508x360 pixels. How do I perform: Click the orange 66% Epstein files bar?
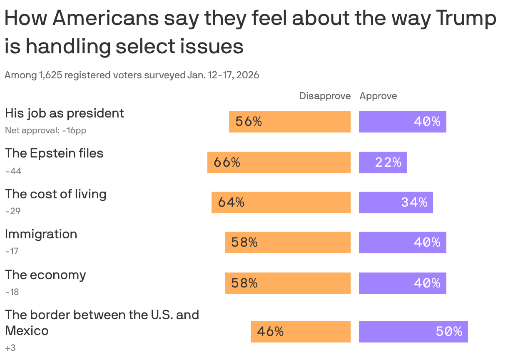pos(279,162)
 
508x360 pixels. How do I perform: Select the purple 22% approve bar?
pos(383,162)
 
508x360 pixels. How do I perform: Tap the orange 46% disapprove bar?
pos(301,332)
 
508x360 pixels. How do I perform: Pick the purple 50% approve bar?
pos(413,332)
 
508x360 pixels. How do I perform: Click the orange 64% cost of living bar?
pos(281,202)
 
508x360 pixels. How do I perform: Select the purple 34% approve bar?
pos(396,202)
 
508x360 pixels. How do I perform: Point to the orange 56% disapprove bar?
pos(290,122)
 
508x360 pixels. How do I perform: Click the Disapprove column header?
pos(325,96)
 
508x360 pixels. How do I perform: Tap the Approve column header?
pos(378,96)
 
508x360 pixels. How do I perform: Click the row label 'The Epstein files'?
pos(54,153)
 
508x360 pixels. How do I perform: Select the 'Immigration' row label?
pos(41,234)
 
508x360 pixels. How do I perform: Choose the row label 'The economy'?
pos(45,275)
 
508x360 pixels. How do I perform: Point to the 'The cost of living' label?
pos(56,194)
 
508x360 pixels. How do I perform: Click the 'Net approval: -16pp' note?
pos(45,130)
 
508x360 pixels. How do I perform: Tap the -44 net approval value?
pos(13,171)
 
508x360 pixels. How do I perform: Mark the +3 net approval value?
pos(10,347)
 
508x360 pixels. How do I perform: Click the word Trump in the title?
pos(466,19)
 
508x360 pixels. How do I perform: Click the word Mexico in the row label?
pos(27,331)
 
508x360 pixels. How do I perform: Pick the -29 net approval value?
pos(13,211)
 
